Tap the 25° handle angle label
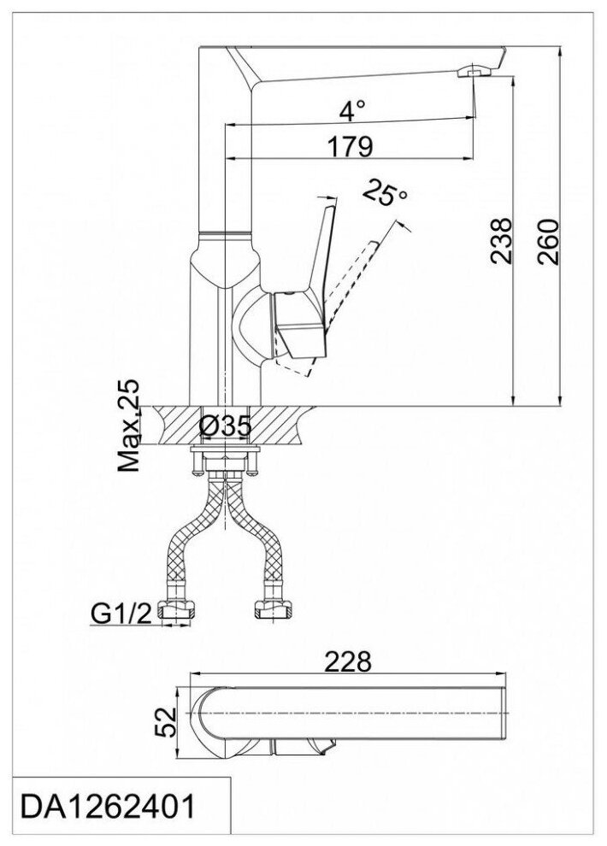(385, 194)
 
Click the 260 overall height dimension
(550, 243)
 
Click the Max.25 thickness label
(131, 427)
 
